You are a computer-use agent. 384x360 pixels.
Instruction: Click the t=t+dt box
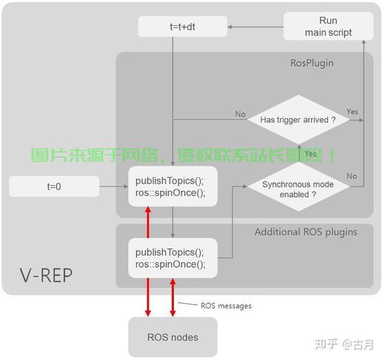point(182,27)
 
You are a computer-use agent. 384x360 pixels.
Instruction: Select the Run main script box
point(328,27)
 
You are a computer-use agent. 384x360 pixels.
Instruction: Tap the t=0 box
point(54,186)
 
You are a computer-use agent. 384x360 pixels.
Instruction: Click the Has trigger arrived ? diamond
point(298,120)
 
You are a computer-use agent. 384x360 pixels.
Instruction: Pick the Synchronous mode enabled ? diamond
point(298,189)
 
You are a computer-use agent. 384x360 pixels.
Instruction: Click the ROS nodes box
point(173,337)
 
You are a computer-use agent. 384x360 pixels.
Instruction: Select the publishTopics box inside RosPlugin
point(173,186)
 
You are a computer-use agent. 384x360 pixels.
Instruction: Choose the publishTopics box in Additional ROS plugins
point(173,258)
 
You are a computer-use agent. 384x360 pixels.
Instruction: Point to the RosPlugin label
point(311,63)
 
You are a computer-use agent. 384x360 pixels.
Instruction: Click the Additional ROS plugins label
point(306,232)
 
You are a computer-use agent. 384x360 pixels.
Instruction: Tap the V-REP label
point(46,275)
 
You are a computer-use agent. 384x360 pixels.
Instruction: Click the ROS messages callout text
point(225,306)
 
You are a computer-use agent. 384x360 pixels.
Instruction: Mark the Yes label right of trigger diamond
point(352,112)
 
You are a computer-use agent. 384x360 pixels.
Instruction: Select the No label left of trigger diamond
point(240,114)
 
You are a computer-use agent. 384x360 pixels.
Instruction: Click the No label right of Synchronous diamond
point(352,176)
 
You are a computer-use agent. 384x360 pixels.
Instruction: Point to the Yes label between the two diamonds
point(310,154)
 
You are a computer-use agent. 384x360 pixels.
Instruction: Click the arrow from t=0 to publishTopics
point(114,186)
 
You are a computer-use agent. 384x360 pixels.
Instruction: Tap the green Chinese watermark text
point(183,155)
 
